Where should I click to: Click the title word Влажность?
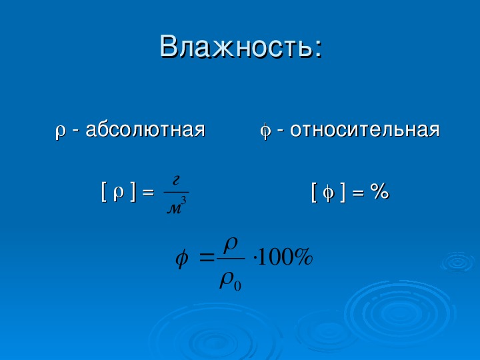(x=236, y=47)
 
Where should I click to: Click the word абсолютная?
(x=145, y=129)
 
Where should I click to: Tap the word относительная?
(x=365, y=129)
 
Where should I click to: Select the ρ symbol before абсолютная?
(x=61, y=132)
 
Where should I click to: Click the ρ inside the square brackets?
(x=119, y=193)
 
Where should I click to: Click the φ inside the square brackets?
(x=329, y=193)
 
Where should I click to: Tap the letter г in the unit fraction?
(x=176, y=181)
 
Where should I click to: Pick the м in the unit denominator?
(x=174, y=209)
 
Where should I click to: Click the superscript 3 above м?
(x=183, y=201)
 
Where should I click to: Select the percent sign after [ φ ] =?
(x=379, y=192)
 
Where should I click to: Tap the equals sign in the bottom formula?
(x=207, y=259)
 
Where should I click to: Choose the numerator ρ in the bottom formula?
(x=231, y=245)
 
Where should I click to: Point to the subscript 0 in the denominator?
(x=237, y=285)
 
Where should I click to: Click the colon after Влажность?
(x=319, y=49)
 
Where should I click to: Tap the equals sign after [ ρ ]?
(x=147, y=193)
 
